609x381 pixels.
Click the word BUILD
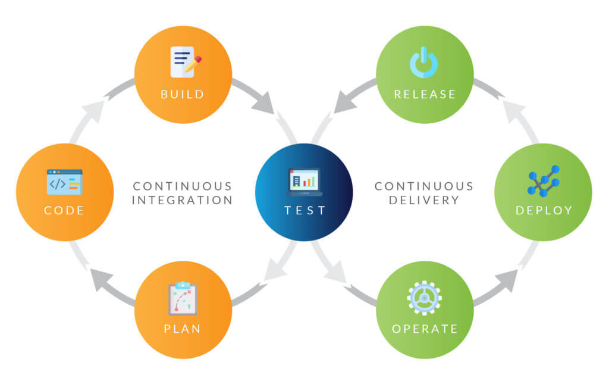click(182, 95)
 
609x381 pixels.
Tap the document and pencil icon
click(186, 62)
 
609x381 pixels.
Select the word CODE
click(64, 210)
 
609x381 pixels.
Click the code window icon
click(64, 182)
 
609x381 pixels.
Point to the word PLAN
click(182, 329)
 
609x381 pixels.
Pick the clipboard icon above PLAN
click(183, 298)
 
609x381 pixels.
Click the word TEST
click(305, 210)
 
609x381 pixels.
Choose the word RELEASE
click(425, 95)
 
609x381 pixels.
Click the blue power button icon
click(423, 63)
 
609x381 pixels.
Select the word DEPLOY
click(544, 210)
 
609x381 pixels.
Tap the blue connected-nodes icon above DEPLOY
click(544, 181)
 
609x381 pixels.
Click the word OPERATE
click(425, 329)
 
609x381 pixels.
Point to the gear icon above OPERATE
click(424, 298)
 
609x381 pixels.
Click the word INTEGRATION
click(182, 200)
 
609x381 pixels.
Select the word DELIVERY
click(424, 200)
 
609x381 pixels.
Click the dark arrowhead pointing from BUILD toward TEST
click(265, 104)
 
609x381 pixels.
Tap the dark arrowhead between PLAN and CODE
click(101, 279)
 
